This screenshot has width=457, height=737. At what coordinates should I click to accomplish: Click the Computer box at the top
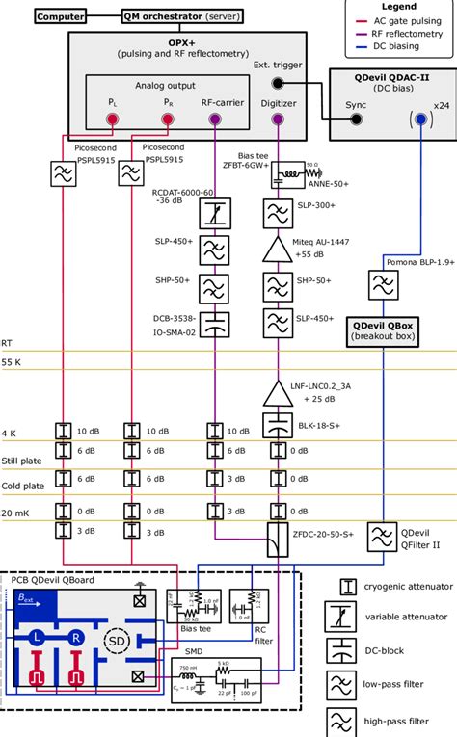pyautogui.click(x=61, y=16)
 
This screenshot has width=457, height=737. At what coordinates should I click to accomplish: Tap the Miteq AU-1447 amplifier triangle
pyautogui.click(x=278, y=250)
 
